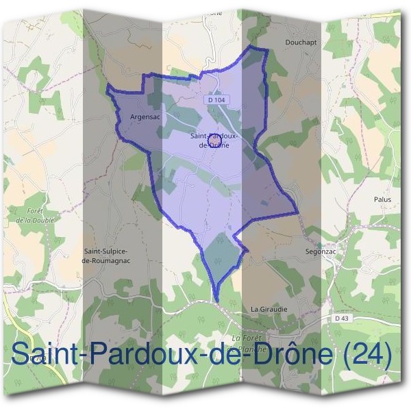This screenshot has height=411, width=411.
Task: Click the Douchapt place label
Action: (x=301, y=42)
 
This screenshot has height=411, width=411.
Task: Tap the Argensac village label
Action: (x=145, y=117)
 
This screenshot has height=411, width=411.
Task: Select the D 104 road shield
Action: (x=216, y=100)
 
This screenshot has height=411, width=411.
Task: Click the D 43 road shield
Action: (x=342, y=319)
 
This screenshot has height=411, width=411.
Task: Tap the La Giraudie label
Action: (x=269, y=309)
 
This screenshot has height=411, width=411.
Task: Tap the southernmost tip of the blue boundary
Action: (x=216, y=300)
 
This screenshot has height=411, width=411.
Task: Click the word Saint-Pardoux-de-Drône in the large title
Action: (x=179, y=356)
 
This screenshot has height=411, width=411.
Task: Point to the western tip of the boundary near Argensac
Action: (x=108, y=86)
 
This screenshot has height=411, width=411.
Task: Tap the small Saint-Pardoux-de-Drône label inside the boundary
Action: (x=213, y=140)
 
